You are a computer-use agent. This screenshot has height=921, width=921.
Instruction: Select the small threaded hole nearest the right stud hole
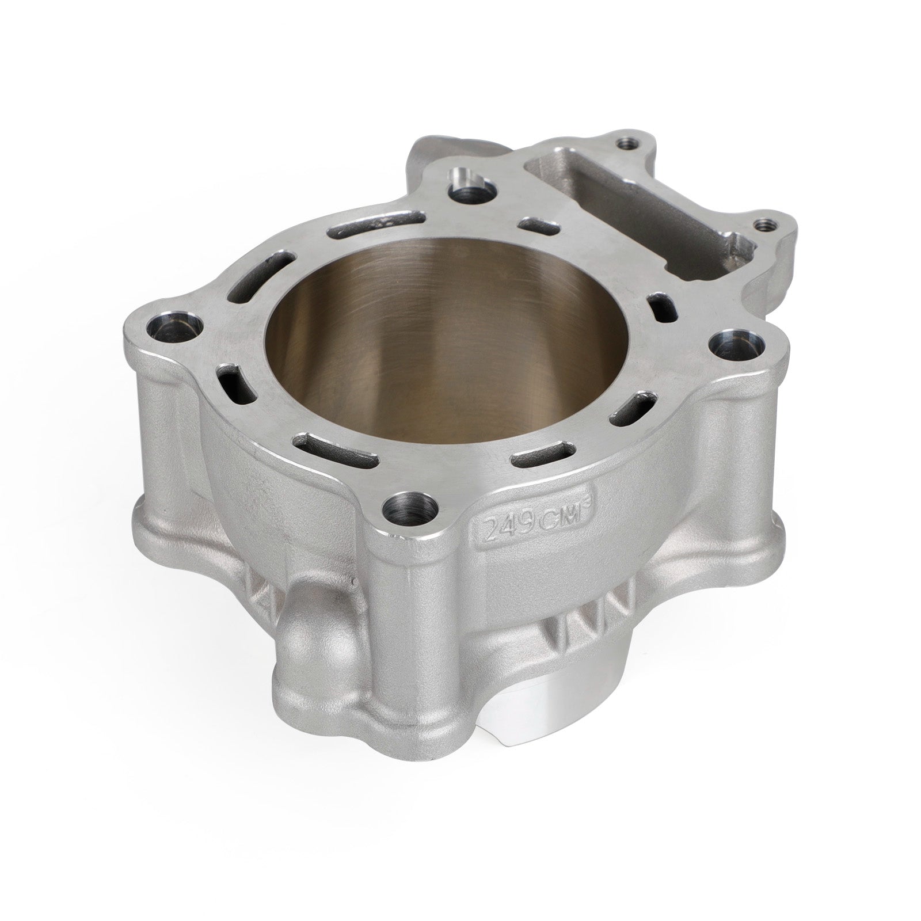[764, 223]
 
